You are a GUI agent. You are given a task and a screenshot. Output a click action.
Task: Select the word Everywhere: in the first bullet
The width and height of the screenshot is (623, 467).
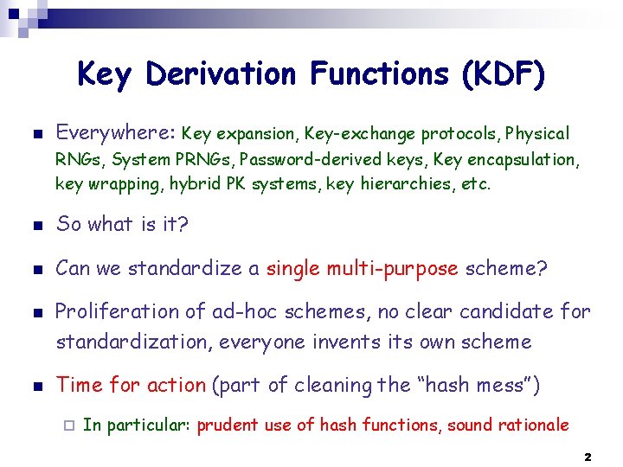(116, 133)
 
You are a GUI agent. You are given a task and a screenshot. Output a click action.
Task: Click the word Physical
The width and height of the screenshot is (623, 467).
(537, 134)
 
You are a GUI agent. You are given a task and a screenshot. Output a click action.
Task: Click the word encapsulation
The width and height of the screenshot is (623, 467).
(525, 160)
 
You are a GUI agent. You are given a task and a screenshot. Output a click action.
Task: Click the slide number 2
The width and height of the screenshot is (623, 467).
(587, 456)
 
